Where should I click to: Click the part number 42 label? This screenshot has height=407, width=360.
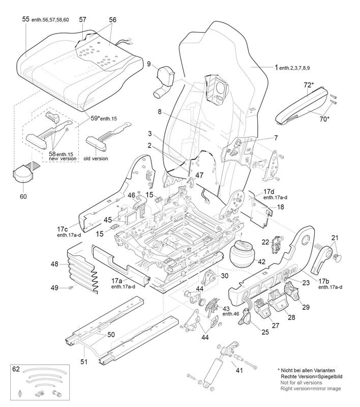pos(262,261)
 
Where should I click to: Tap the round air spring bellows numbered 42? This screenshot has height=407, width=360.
pos(243,253)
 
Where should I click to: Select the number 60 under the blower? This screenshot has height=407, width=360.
pos(23,196)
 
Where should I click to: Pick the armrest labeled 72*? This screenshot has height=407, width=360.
pos(303,105)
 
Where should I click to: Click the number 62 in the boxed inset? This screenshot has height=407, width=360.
pos(16,369)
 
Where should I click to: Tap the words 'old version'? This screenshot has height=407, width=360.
pos(96,158)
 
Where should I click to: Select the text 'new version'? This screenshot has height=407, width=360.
pos(63,158)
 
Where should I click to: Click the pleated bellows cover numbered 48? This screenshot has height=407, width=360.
pos(82,271)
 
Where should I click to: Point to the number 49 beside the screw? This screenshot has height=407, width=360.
pos(55,288)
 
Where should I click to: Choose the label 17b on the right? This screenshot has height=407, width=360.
pos(324,281)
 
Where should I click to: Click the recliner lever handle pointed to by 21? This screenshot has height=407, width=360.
pos(322,260)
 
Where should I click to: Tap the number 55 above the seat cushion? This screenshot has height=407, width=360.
pos(25,19)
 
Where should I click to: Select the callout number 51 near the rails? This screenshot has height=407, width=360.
pos(84,361)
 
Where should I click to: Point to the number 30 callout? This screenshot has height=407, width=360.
pos(225,276)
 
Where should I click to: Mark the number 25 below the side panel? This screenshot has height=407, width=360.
pos(265,332)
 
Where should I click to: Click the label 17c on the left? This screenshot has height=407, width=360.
pos(63,229)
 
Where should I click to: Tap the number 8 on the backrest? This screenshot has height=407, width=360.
pos(160,111)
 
